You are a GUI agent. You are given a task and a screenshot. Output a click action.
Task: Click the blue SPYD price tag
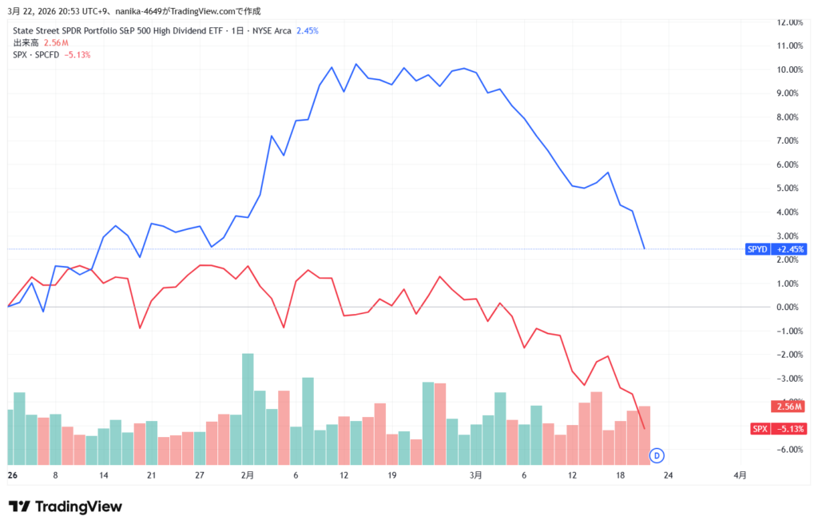click(x=775, y=249)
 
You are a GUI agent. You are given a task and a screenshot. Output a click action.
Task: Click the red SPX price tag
click(x=778, y=429)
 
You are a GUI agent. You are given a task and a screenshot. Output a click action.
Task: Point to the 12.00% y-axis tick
click(x=786, y=22)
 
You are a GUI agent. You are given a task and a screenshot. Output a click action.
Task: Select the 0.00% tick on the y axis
click(x=788, y=307)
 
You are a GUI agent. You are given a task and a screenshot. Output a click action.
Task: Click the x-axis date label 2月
click(x=247, y=474)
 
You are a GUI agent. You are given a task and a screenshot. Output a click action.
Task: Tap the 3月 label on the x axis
click(x=476, y=474)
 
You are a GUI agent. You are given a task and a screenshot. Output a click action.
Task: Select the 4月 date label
click(x=740, y=474)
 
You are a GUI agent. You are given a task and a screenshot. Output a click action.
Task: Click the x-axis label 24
click(x=669, y=474)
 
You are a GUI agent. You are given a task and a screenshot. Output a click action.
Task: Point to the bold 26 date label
click(x=12, y=474)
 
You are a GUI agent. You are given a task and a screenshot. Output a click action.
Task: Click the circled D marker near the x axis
click(x=657, y=455)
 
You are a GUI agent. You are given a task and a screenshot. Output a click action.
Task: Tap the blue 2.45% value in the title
click(x=308, y=30)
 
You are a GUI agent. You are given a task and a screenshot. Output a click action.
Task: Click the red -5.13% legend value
click(x=77, y=54)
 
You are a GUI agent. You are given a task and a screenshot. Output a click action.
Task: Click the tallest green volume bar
click(x=248, y=408)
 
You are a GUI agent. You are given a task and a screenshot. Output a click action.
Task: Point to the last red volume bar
click(x=645, y=435)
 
